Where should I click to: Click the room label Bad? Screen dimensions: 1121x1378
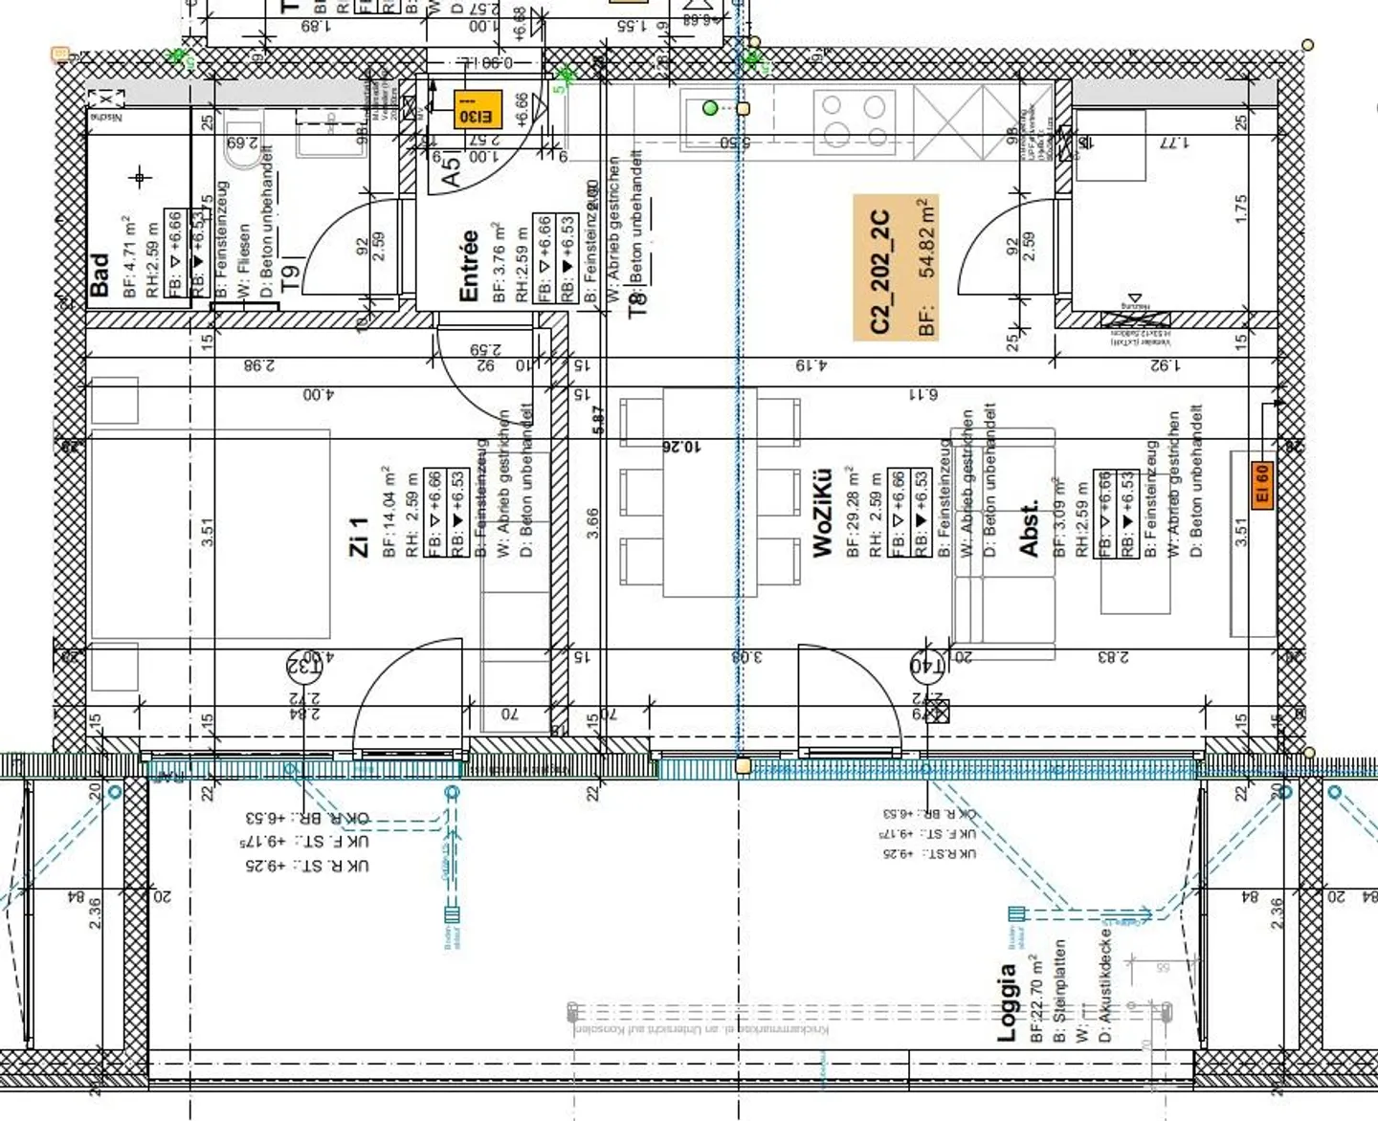pyautogui.click(x=100, y=275)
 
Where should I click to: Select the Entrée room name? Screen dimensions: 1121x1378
pyautogui.click(x=469, y=266)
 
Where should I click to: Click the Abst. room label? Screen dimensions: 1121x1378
pyautogui.click(x=1030, y=529)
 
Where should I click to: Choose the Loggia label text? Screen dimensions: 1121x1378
pyautogui.click(x=1007, y=1002)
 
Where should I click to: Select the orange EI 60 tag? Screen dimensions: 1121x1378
pyautogui.click(x=1262, y=485)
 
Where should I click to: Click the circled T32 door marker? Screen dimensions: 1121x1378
pyautogui.click(x=303, y=664)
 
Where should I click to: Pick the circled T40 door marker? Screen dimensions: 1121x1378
pyautogui.click(x=925, y=664)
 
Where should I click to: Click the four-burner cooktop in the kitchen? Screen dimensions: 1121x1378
pyautogui.click(x=854, y=121)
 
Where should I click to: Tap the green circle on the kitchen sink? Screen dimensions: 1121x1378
pyautogui.click(x=710, y=108)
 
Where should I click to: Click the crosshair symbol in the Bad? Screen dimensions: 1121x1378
pyautogui.click(x=141, y=177)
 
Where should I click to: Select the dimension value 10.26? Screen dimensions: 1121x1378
pyautogui.click(x=681, y=447)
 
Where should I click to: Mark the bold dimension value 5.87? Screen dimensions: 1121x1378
pyautogui.click(x=599, y=420)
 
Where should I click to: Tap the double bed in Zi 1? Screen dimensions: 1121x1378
pyautogui.click(x=211, y=534)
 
